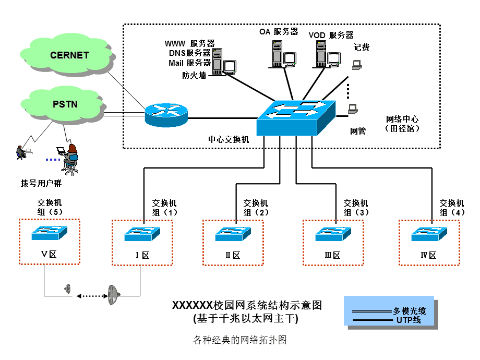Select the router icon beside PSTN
coord(166,114)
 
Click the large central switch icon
coord(295,117)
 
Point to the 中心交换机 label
coord(229,139)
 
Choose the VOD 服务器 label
coord(331,35)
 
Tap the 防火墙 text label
coord(194,75)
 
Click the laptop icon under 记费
coord(357,65)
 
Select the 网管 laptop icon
coord(353,109)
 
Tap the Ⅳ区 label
coord(428,255)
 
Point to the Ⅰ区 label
coord(142,255)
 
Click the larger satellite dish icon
coord(114,295)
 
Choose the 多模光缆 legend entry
coord(409,311)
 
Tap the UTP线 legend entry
coord(409,319)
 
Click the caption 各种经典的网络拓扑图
coord(240,340)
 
